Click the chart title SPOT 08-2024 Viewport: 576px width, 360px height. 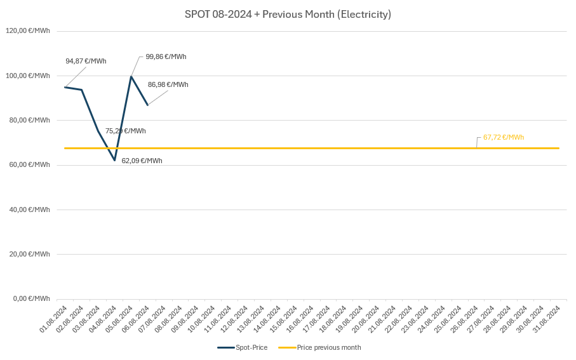point(288,14)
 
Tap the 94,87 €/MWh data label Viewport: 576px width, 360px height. point(86,61)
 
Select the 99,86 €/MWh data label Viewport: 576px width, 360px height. point(166,57)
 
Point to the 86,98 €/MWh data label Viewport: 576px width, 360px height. point(168,84)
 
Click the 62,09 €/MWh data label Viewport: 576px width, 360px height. point(142,161)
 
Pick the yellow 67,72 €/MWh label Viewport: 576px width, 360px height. point(503,137)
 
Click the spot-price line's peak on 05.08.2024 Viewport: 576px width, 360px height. point(131,77)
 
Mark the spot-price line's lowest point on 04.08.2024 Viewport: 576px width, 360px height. point(114,160)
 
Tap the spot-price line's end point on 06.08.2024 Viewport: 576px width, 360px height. point(147,105)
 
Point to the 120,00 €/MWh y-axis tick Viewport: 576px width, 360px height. point(28,30)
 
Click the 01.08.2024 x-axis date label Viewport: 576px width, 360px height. point(54,319)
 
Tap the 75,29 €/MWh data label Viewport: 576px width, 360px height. point(126,131)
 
